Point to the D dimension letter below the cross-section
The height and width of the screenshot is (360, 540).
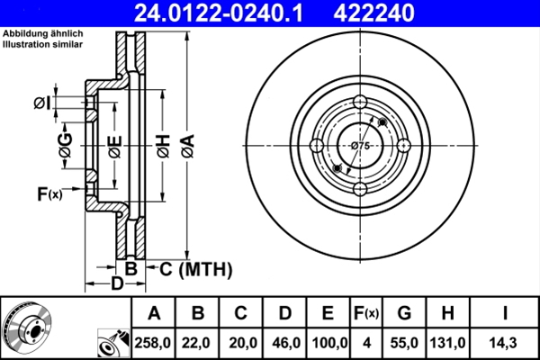tap(116, 285)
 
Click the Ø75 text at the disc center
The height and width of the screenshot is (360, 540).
tap(360, 146)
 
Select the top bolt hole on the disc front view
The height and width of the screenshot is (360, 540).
tap(360, 103)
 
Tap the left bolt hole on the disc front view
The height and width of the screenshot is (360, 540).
tap(317, 146)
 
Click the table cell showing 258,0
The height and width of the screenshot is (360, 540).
tap(154, 341)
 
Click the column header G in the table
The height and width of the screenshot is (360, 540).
tap(404, 314)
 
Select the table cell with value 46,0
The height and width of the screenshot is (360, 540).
tap(285, 341)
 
